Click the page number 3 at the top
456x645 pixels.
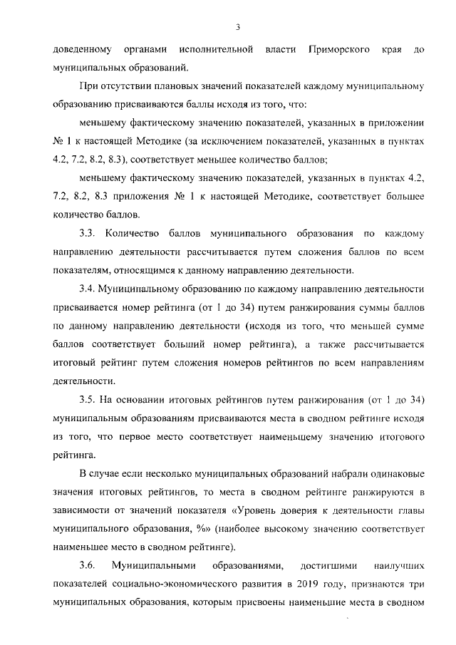tap(239, 27)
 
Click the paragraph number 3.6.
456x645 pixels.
tap(88, 566)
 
